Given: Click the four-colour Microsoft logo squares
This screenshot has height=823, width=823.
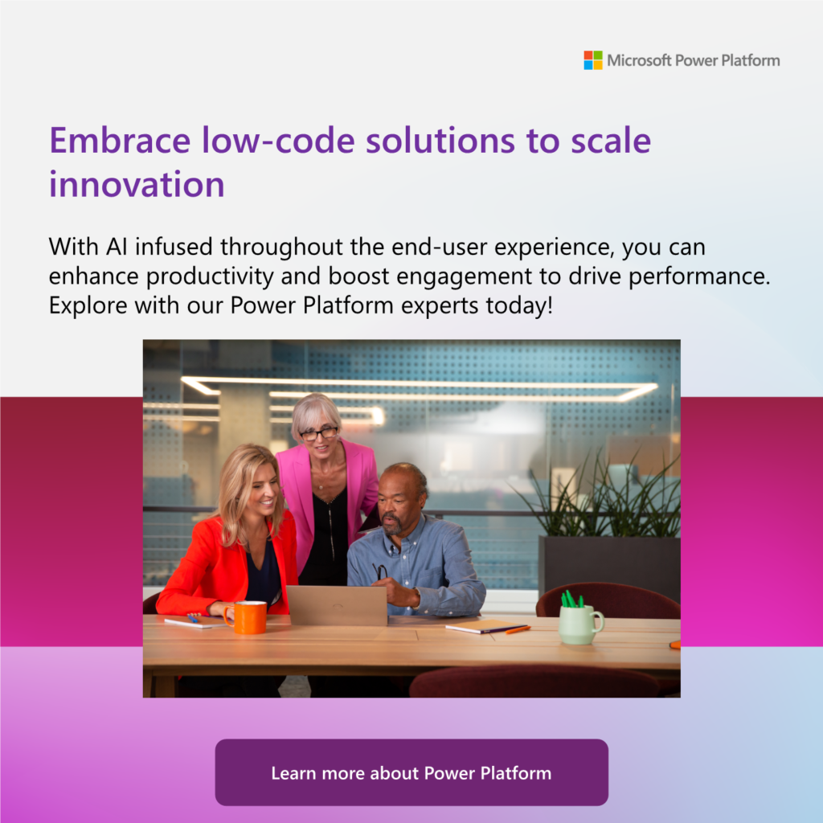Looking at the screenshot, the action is (x=593, y=60).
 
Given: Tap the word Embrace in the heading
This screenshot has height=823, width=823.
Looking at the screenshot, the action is (x=120, y=141).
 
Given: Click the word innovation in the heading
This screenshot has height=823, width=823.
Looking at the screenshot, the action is (x=137, y=184).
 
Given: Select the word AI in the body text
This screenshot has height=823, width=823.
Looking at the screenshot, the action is (x=117, y=247).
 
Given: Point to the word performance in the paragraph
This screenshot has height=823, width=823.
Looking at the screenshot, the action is (x=699, y=276).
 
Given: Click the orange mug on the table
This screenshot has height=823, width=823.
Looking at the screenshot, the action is (x=246, y=616).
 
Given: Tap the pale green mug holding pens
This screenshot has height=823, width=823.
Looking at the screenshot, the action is (x=580, y=624).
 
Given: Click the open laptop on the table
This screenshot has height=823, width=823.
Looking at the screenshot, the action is (x=337, y=605).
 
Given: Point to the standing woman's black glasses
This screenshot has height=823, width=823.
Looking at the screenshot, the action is (x=318, y=433).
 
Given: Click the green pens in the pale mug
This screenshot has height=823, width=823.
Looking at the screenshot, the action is (x=571, y=599).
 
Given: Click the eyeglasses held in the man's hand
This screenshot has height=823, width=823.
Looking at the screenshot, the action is (x=380, y=571).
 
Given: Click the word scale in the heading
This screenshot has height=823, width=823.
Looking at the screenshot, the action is (x=611, y=141).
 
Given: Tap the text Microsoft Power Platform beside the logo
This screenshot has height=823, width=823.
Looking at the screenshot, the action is (x=694, y=61).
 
